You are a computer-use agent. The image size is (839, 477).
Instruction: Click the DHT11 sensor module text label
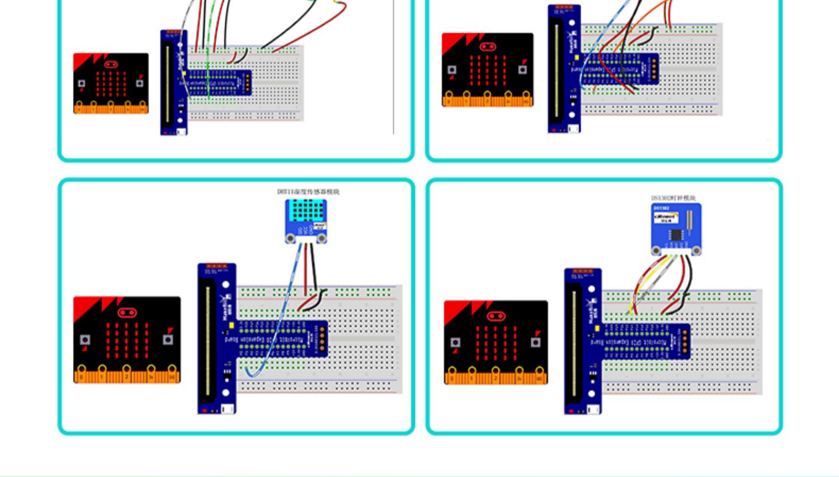pos(308,192)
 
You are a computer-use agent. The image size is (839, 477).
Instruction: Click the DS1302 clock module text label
pos(673,198)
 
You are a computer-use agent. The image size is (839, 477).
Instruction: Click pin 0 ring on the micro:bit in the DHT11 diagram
pos(82,370)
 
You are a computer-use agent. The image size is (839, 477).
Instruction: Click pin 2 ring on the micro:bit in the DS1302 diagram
pos(496,371)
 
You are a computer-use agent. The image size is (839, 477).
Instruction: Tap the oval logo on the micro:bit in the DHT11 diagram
pos(127,313)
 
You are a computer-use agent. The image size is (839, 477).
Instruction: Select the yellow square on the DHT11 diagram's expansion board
pos(232,325)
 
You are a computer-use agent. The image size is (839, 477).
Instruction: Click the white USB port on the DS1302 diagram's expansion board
pos(593,409)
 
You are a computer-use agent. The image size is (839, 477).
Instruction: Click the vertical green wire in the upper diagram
pos(208,67)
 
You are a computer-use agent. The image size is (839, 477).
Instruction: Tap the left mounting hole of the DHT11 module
pos(290,238)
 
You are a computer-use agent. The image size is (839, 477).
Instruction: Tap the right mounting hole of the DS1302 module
pos(696,251)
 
